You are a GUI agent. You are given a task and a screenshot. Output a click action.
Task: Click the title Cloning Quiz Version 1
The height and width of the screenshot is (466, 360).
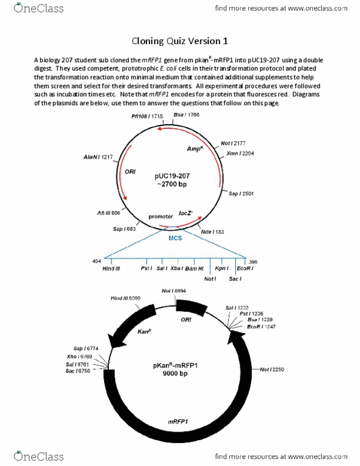coord(180,41)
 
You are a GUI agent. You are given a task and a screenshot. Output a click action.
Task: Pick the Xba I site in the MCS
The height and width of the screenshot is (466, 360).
coord(177,267)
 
